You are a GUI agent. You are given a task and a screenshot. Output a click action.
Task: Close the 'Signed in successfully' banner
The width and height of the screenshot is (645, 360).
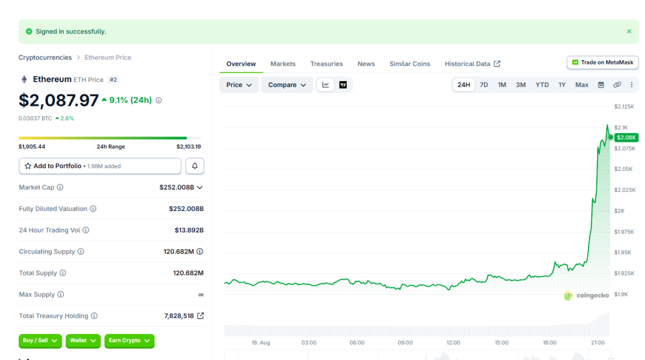629,31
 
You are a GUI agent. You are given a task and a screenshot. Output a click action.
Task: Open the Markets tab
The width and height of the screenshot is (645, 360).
283,64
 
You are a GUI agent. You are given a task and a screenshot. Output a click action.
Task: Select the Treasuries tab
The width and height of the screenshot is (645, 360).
327,64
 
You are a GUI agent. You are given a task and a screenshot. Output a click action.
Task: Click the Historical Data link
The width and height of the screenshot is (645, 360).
472,64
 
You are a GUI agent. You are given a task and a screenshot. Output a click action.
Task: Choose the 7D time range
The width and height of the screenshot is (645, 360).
484,85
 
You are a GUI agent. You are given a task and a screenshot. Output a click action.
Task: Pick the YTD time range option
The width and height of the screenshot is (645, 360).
542,85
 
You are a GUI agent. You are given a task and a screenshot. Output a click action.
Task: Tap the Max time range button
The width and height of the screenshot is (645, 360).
582,85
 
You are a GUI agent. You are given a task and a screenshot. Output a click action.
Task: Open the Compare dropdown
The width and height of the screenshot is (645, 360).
287,85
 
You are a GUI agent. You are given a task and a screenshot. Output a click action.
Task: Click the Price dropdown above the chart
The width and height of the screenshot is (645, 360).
239,85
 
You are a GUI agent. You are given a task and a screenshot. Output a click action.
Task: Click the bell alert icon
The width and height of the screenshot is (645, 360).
195,166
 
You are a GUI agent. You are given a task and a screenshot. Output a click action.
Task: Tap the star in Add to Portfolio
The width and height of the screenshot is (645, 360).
28,166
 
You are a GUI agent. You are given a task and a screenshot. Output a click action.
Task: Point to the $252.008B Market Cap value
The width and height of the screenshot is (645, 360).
177,188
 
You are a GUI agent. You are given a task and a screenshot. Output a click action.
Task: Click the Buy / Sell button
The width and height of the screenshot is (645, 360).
40,341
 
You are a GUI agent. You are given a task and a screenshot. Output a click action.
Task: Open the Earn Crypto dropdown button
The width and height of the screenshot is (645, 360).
130,341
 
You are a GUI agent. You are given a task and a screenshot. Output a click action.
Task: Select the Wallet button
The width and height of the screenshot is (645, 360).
83,341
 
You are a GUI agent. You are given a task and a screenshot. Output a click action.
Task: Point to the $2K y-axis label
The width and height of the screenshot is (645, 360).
619,211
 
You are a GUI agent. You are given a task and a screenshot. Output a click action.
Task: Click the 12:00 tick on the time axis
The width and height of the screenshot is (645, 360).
453,343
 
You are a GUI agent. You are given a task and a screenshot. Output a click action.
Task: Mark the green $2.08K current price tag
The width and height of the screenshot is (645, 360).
626,138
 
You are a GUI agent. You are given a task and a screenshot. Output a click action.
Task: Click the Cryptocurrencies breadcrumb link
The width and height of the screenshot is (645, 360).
45,57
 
